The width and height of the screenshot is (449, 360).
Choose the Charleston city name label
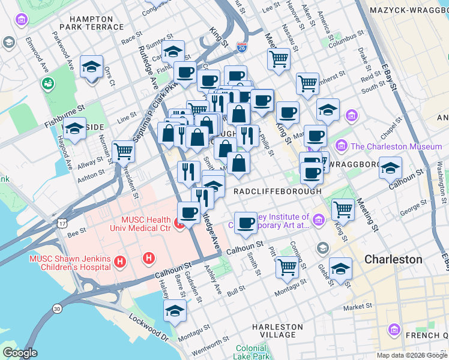(x=394, y=260)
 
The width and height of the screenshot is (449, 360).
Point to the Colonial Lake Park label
(x=252, y=352)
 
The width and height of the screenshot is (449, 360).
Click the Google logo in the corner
(x=20, y=353)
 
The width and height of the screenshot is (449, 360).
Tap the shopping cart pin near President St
(x=123, y=152)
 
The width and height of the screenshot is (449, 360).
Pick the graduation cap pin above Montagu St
(x=175, y=310)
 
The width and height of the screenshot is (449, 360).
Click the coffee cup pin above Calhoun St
(x=245, y=223)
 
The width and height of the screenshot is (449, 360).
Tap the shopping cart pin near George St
(x=343, y=209)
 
